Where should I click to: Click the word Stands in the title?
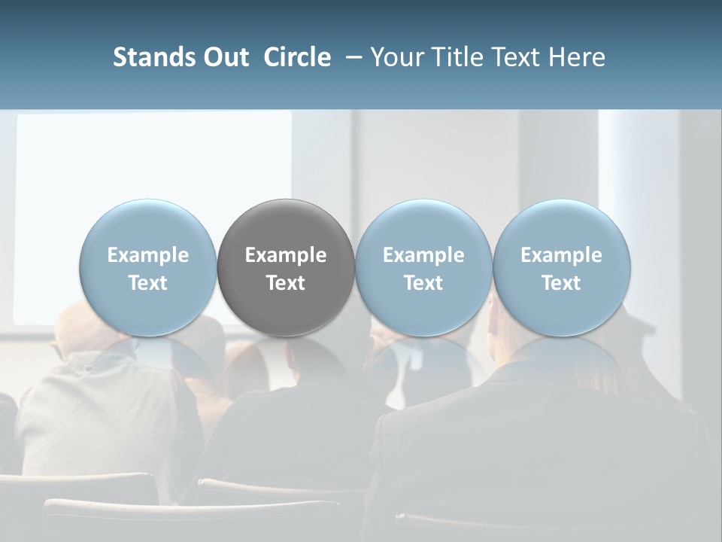point(145,57)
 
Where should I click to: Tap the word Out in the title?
point(224,57)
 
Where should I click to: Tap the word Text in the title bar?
point(510,57)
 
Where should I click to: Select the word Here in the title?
point(576,57)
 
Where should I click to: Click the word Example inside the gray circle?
point(286,255)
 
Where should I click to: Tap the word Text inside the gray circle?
point(286,283)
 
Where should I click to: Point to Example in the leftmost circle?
point(148,255)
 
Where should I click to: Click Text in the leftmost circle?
point(148,283)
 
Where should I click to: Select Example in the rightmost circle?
point(561,255)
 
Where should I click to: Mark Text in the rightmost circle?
point(561,283)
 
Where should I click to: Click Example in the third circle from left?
point(423,255)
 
